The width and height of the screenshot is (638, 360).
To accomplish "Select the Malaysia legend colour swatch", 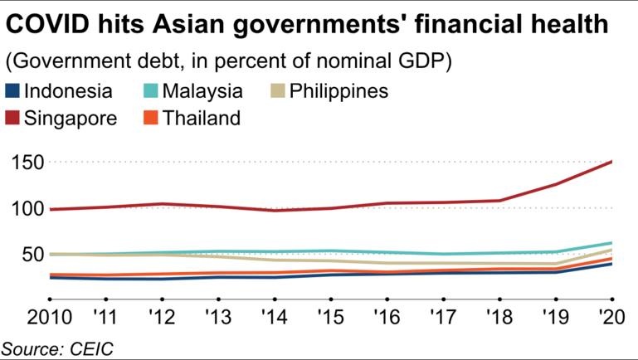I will (150, 90).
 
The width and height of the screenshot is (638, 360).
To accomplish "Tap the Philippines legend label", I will (338, 90).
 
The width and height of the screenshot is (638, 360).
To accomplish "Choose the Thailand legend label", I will (202, 118).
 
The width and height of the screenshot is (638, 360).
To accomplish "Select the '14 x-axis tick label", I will (274, 319).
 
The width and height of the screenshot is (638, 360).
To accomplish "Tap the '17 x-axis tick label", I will (442, 319).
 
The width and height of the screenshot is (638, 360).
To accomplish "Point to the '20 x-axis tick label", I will (611, 319).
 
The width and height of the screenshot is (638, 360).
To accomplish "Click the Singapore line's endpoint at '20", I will (611, 162).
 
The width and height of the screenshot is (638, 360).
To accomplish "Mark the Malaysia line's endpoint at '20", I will (611, 243).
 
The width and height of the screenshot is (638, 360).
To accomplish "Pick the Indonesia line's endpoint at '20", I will (611, 264).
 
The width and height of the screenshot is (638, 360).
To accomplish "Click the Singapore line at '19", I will (555, 184).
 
